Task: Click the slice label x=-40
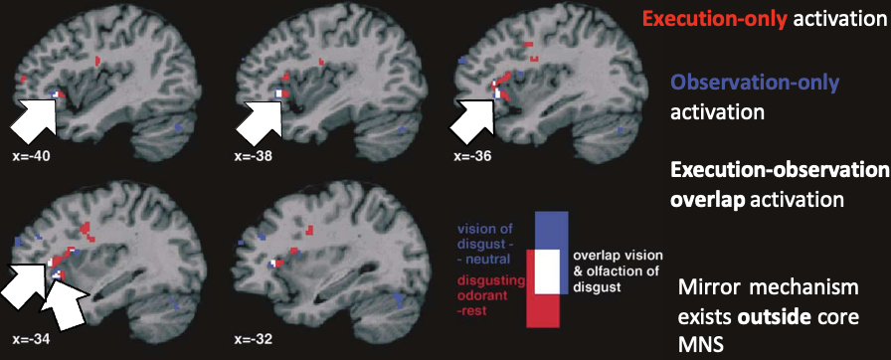point(29,156)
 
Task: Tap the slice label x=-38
point(253,156)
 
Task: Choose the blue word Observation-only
point(756,84)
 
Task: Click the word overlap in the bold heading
point(704,199)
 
